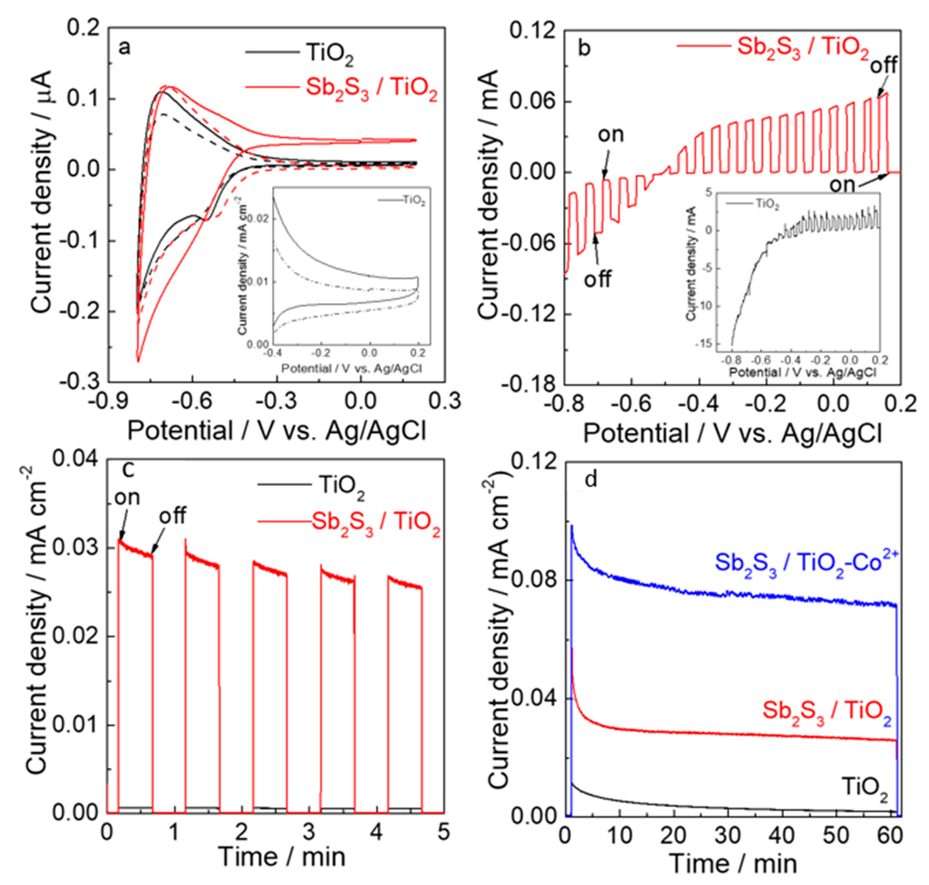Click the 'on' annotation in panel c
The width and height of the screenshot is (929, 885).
tap(127, 498)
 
